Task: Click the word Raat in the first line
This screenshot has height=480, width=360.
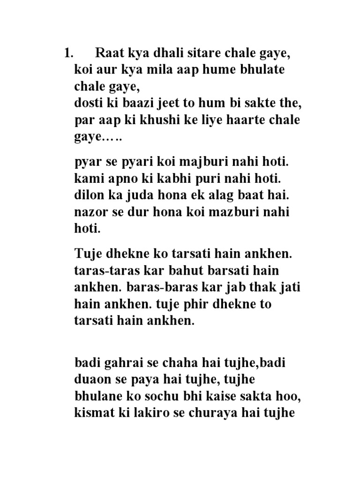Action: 110,53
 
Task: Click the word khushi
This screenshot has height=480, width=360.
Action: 150,120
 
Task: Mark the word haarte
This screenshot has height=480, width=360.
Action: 238,120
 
